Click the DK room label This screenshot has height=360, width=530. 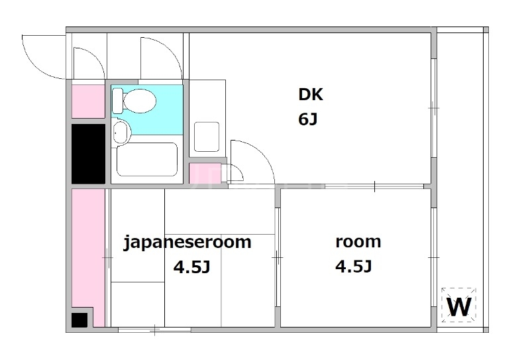tap(310, 95)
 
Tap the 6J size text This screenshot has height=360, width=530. tap(309, 120)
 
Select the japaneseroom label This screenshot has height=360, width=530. tap(188, 242)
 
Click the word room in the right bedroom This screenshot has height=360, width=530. tap(358, 241)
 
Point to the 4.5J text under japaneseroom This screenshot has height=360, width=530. tap(191, 268)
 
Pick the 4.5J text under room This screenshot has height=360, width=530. tap(353, 267)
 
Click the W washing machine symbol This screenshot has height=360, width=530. tap(459, 306)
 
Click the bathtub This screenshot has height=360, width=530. tap(146, 159)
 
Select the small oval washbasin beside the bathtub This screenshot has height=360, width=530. tap(120, 133)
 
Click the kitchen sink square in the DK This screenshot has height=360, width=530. tap(207, 137)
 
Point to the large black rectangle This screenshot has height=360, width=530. tap(88, 153)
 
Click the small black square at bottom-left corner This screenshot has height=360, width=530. tap(79, 320)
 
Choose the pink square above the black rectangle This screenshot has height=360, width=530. tap(87, 101)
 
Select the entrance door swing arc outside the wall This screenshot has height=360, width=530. tap(41, 54)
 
